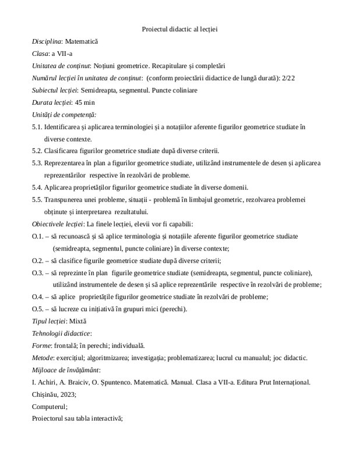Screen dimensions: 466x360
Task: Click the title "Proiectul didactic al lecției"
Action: click(179, 28)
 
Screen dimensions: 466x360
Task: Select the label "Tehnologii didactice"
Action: click(61, 333)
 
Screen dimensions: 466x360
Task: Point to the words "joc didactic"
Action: click(293, 357)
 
